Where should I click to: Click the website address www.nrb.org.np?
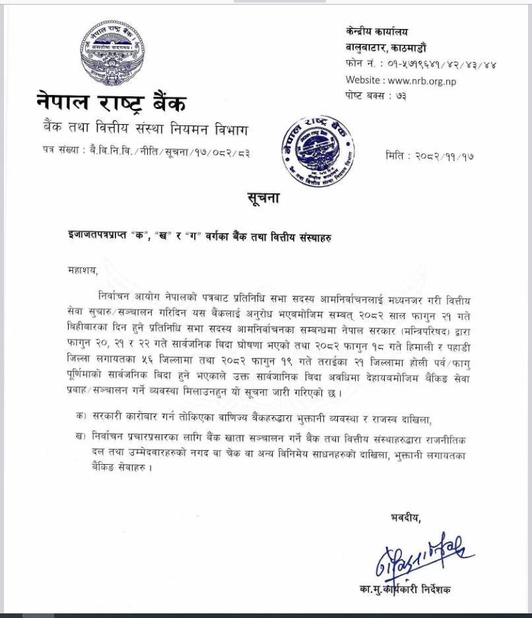tap(422, 81)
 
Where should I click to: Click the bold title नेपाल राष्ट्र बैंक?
tap(112, 103)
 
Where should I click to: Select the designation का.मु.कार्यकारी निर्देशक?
tap(413, 589)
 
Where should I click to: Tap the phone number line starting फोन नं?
tap(420, 65)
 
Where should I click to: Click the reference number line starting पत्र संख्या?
tap(143, 153)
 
